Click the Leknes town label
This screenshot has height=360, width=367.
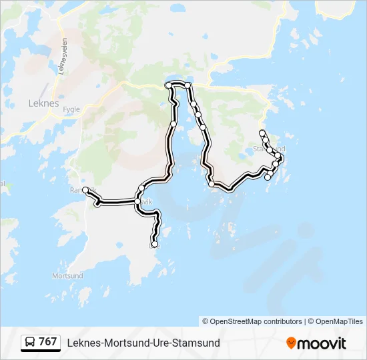[x=44, y=104]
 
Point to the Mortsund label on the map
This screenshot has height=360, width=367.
[x=68, y=275]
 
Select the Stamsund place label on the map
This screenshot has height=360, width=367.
[x=270, y=148]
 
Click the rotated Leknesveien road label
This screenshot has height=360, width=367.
[x=63, y=56]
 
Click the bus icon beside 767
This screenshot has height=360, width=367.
[x=29, y=342]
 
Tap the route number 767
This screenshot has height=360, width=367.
[x=47, y=342]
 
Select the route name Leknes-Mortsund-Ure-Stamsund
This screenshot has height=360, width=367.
[x=143, y=343]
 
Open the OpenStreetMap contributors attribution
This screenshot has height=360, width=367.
[x=252, y=321]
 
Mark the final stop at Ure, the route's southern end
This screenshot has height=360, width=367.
[x=155, y=245]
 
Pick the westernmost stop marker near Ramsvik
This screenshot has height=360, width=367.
[x=85, y=190]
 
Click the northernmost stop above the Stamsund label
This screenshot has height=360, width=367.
[x=262, y=133]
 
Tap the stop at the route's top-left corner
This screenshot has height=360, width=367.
[x=168, y=86]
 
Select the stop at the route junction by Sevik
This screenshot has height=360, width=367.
[x=137, y=201]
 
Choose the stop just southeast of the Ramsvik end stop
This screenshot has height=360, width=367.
[x=97, y=204]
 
